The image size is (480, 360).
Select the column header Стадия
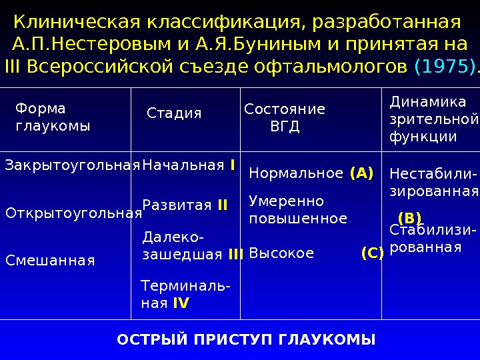tap(174, 113)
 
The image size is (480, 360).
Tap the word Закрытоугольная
tap(73, 165)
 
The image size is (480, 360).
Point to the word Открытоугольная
tap(74, 213)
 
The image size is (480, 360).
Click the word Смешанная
tap(50, 261)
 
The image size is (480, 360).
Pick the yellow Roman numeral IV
tap(181, 303)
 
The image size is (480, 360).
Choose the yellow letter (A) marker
tap(361, 173)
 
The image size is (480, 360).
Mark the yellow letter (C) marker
tap(373, 253)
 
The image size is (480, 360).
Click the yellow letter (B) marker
tap(409, 219)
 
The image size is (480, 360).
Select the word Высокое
tap(281, 253)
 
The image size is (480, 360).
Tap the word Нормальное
tap(296, 173)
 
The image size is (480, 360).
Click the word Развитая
tap(177, 205)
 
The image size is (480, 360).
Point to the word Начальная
tap(183, 165)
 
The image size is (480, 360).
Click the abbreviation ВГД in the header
tap(285, 127)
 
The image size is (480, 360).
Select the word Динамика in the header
tap(428, 102)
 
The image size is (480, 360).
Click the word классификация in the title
tap(225, 23)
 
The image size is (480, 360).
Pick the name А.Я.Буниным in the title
tap(258, 45)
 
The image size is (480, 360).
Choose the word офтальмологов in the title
tap(330, 67)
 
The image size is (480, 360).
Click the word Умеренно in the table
tap(286, 201)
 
